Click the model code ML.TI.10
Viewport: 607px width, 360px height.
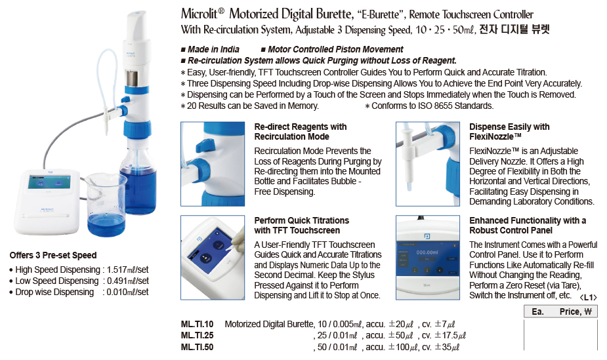click(x=197, y=324)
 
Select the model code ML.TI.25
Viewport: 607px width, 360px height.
click(x=197, y=335)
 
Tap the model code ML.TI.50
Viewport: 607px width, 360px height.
click(x=197, y=347)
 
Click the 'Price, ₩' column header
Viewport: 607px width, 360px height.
click(x=576, y=311)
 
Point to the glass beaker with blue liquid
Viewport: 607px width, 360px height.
click(x=106, y=205)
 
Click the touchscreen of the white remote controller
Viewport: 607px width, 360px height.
click(x=49, y=182)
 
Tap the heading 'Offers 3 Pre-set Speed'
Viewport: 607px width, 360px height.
click(x=53, y=255)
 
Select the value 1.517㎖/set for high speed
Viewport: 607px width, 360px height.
click(x=127, y=270)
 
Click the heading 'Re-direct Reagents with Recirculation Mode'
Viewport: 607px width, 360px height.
click(x=301, y=131)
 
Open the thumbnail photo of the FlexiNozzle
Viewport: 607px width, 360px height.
click(x=428, y=164)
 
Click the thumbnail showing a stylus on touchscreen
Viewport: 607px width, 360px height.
click(x=213, y=258)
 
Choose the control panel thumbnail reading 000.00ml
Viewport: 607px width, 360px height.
click(x=428, y=258)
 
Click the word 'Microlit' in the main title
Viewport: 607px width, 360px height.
click(x=199, y=14)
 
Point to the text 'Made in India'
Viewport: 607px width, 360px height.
click(x=213, y=49)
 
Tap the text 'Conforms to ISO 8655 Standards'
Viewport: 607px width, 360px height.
click(x=432, y=106)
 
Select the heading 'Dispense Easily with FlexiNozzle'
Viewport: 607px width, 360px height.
click(x=509, y=131)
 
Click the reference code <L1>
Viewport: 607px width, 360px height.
click(x=589, y=297)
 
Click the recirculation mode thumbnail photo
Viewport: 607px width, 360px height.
click(x=213, y=164)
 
